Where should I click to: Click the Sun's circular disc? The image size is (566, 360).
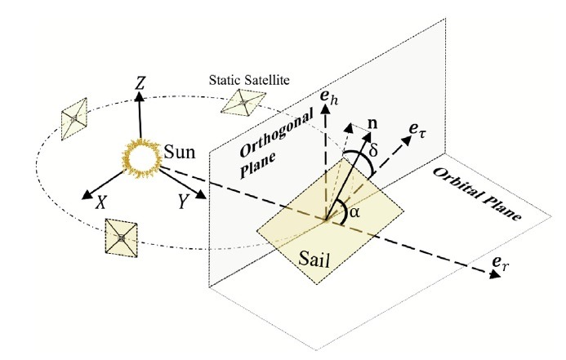click(x=141, y=158)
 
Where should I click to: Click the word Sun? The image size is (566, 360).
click(x=180, y=152)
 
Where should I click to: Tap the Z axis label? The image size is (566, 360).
click(x=140, y=84)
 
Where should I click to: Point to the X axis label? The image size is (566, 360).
click(x=101, y=203)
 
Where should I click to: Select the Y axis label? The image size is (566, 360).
click(x=184, y=202)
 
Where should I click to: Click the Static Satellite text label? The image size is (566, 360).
click(x=249, y=80)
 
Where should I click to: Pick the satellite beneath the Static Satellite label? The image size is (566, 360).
click(x=243, y=103)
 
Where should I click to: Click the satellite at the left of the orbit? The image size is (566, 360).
click(x=74, y=119)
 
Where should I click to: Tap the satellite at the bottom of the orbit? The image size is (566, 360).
click(x=121, y=238)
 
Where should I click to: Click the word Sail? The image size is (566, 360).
click(x=314, y=259)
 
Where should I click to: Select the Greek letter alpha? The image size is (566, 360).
click(x=354, y=212)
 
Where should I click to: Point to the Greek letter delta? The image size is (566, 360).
click(x=373, y=149)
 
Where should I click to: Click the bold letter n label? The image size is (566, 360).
click(x=372, y=124)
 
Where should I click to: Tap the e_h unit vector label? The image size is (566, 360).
click(x=330, y=97)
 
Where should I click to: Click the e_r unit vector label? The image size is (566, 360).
click(x=501, y=264)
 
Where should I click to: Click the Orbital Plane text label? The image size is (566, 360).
click(x=477, y=193)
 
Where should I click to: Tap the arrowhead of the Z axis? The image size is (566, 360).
click(x=140, y=96)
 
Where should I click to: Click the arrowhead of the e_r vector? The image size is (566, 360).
click(x=495, y=274)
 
